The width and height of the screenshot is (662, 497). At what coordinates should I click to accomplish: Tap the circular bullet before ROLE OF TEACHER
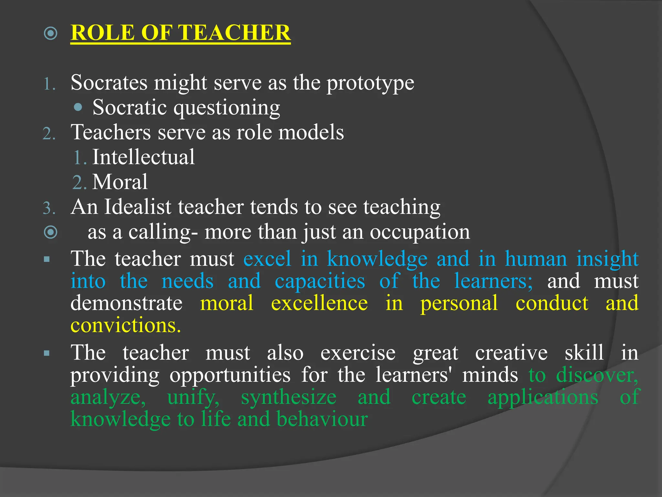point(51,33)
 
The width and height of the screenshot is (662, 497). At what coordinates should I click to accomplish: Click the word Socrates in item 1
point(109,83)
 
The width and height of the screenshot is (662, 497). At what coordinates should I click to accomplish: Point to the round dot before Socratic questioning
point(78,107)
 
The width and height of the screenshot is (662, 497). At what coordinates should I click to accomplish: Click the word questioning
point(227,108)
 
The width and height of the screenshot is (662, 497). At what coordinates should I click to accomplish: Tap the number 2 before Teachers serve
point(48,133)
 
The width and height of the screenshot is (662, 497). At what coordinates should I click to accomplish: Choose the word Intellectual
point(144,157)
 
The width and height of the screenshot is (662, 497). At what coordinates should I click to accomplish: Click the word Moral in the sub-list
point(120,182)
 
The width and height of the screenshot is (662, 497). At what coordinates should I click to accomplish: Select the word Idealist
point(137,207)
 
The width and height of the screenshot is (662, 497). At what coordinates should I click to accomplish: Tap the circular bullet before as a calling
point(51,232)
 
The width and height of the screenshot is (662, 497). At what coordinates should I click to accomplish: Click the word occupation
point(420,232)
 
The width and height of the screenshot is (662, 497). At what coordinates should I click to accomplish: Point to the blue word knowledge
point(377,259)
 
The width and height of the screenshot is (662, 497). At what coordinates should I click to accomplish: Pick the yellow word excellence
point(319,303)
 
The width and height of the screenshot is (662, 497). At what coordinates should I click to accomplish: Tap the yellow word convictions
point(125,325)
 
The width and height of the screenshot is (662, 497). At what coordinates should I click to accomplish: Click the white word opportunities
point(230,375)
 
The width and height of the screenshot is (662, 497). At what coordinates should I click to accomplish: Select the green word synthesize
point(288,397)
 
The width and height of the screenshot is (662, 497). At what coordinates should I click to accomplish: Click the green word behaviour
point(322,419)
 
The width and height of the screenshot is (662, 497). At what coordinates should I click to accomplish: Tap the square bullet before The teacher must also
point(47,353)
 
